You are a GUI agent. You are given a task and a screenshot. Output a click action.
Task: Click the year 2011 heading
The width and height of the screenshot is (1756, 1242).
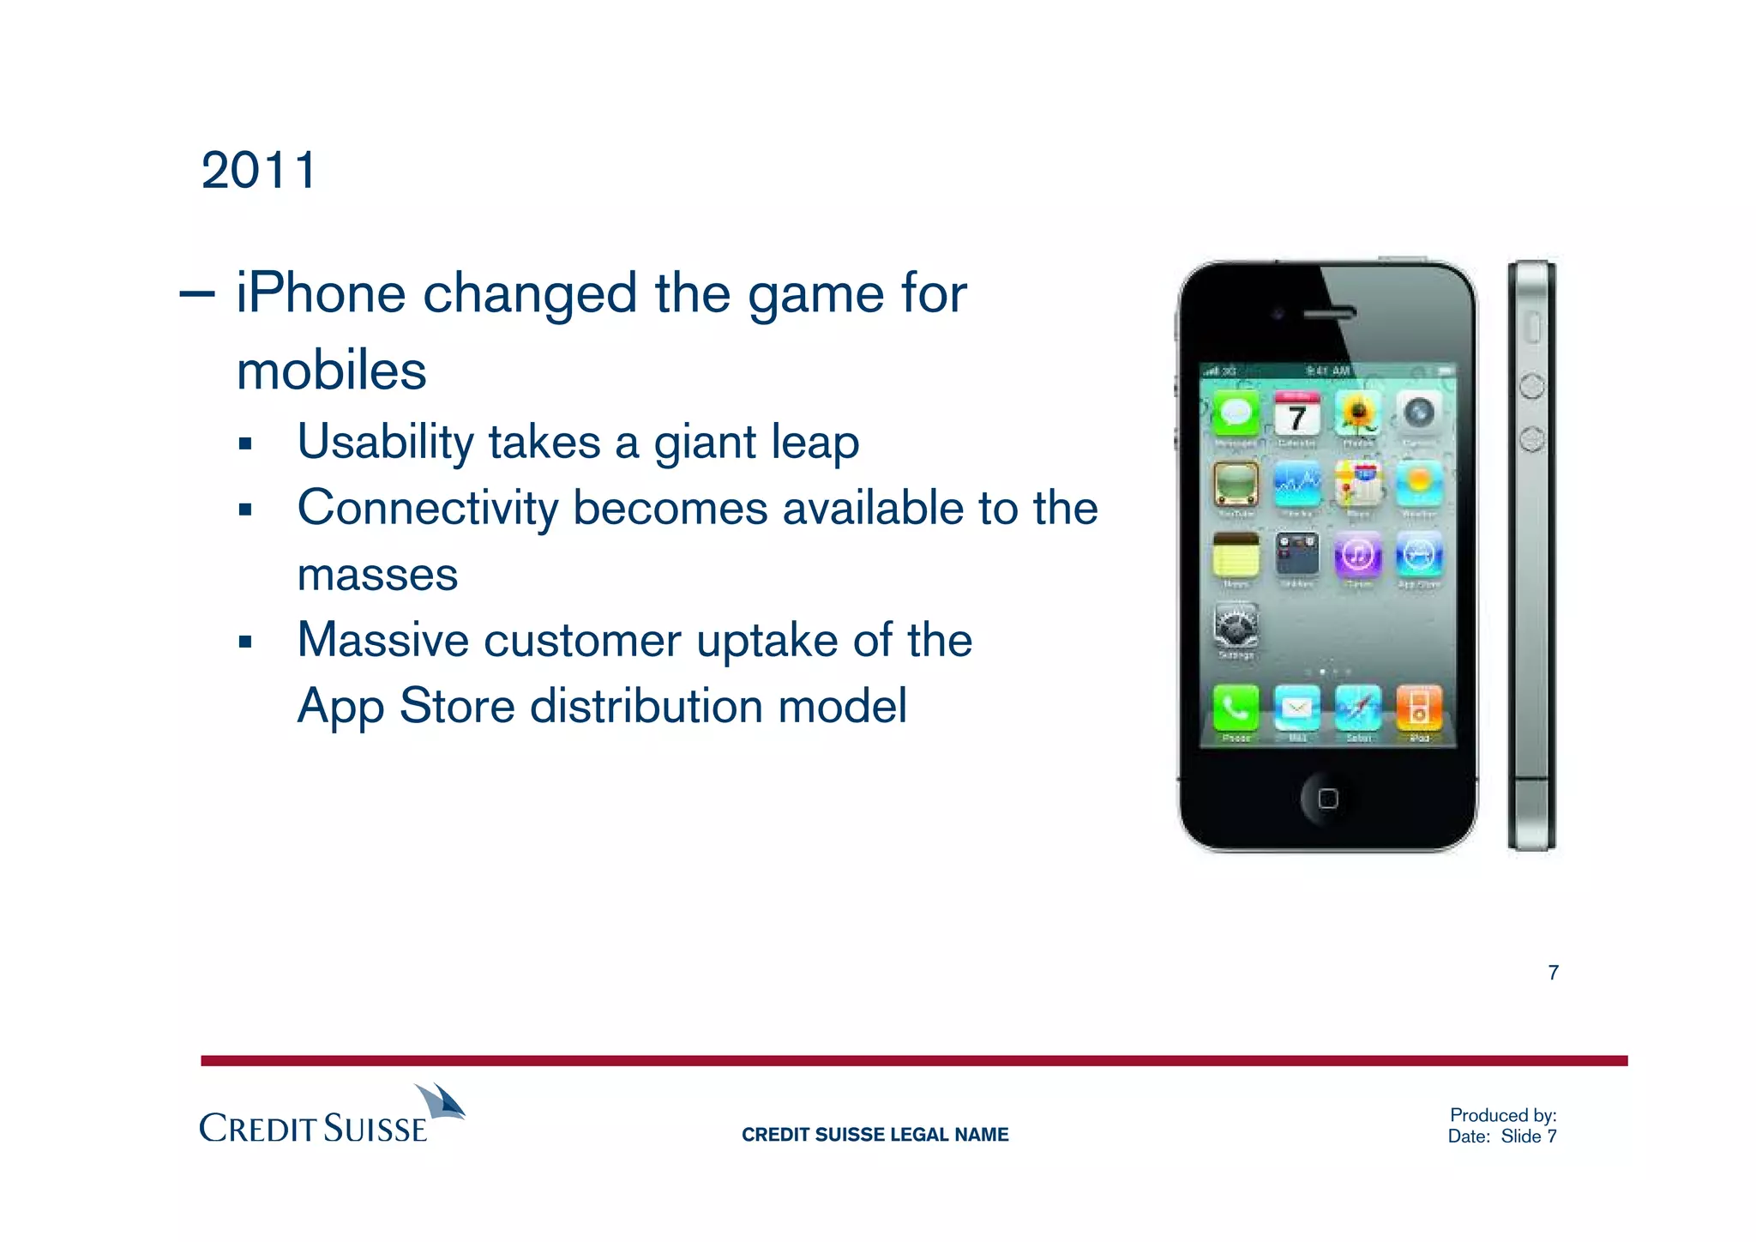(259, 171)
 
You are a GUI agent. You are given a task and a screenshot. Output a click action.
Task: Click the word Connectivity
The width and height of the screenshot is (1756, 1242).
(427, 508)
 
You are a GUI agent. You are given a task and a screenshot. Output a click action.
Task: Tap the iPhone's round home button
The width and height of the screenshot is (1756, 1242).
(1327, 799)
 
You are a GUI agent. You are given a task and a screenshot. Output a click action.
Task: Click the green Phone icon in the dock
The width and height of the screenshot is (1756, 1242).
(1236, 708)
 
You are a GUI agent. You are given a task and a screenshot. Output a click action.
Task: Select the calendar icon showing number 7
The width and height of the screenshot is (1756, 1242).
(1296, 415)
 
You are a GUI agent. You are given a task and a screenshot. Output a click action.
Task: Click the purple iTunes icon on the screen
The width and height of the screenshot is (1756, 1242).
(1357, 555)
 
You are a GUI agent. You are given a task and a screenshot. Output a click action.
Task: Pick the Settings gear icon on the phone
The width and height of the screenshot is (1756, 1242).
(1236, 625)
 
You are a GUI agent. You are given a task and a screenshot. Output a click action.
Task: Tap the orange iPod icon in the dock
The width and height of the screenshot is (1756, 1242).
(1419, 708)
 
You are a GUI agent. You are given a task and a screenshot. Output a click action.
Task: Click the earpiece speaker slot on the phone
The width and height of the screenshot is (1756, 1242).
(1329, 314)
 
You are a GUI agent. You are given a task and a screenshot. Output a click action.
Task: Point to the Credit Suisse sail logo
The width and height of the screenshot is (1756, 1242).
(442, 1102)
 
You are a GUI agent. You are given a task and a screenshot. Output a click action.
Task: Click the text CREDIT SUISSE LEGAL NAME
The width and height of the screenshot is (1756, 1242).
(875, 1135)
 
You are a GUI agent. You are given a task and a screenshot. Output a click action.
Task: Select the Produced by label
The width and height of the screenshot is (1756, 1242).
(1502, 1115)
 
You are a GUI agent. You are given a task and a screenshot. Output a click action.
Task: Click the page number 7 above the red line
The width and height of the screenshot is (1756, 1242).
(1553, 972)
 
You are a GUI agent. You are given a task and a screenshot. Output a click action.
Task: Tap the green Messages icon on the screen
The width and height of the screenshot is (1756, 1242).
(1236, 415)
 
